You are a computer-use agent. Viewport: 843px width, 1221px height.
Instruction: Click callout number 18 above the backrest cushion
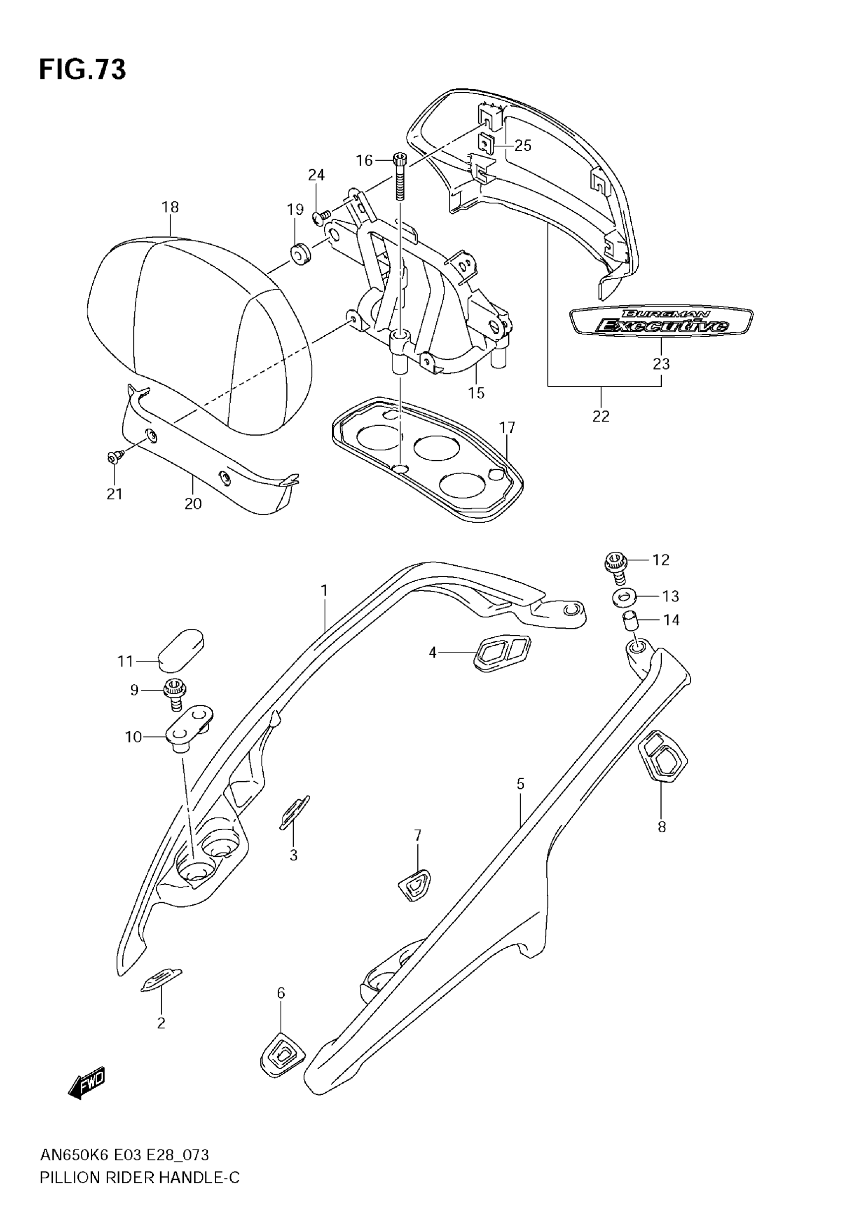[x=170, y=207]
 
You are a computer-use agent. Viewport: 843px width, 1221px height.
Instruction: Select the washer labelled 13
[x=624, y=597]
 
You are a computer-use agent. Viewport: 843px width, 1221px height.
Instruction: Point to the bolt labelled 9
[x=175, y=693]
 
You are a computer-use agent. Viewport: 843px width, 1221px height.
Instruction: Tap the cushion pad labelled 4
[x=502, y=653]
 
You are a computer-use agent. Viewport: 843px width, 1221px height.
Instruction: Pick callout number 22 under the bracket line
[x=601, y=416]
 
